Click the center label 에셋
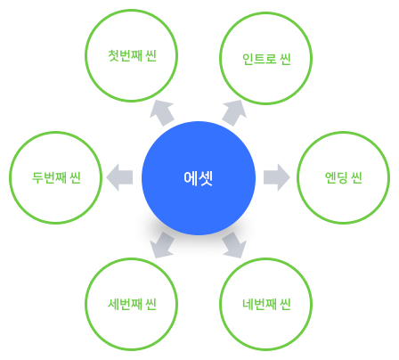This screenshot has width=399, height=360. point(198,177)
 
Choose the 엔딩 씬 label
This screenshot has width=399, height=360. point(343,176)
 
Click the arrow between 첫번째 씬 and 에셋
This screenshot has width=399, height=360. point(164,110)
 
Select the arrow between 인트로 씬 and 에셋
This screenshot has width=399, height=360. point(232,110)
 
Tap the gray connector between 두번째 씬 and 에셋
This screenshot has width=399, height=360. point(119,176)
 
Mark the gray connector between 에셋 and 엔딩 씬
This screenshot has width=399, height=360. point(277,176)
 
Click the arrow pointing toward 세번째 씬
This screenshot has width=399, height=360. point(163,245)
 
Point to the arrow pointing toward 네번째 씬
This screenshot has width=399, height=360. point(235,245)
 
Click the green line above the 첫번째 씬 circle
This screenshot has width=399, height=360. point(128,7)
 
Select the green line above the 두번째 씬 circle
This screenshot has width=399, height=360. point(56,129)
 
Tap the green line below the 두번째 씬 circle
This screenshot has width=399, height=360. point(56,225)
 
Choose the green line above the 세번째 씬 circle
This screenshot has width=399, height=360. point(128,256)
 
